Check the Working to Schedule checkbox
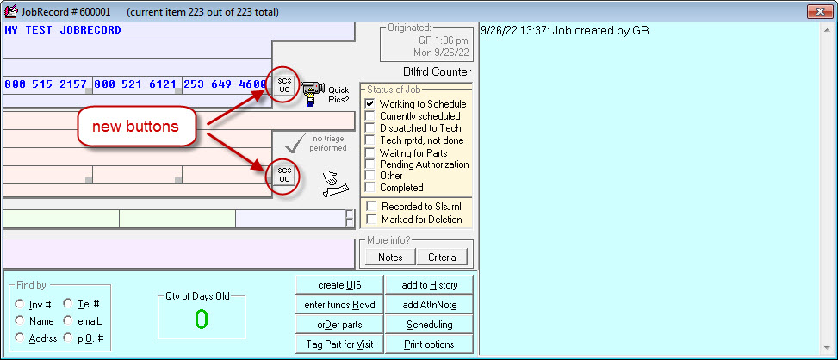pos(370,104)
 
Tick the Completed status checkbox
pos(370,188)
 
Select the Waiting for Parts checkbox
pos(370,152)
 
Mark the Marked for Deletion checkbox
pos(370,220)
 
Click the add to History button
pos(430,285)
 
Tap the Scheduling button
pos(430,325)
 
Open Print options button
pos(430,344)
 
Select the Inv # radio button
pos(20,304)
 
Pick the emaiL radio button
pos(68,321)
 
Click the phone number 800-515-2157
pos(46,84)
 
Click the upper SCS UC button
pos(284,84)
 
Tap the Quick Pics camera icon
pos(313,89)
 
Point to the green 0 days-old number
pos(201,320)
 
